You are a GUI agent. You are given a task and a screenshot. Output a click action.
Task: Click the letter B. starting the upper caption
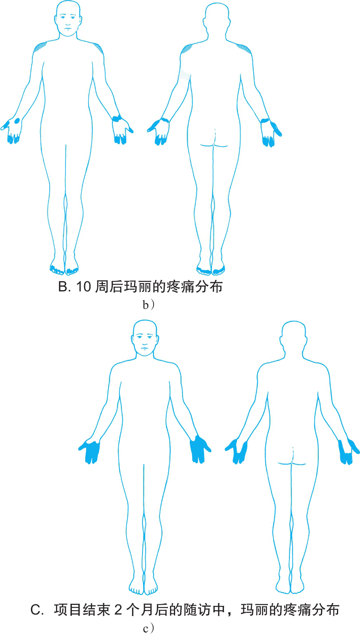pos(64,287)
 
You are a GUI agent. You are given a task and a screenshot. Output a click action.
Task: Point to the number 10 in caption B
pos(83,287)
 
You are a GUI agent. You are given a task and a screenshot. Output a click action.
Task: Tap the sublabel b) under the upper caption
pos(148,305)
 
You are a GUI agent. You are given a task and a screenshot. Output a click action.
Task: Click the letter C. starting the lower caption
pos(37,610)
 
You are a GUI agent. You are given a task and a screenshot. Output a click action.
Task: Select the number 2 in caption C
pos(118,610)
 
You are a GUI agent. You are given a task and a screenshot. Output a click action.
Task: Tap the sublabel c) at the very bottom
pos(148,628)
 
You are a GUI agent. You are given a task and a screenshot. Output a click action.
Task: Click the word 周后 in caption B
pos(109,287)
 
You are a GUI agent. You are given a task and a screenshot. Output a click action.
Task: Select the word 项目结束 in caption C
pos(82,610)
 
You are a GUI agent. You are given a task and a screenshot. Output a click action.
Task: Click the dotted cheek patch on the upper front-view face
pos(77,28)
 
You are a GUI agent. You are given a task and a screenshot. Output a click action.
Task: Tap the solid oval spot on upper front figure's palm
pos(17,121)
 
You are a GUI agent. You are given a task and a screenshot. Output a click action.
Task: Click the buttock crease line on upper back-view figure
pos(214,145)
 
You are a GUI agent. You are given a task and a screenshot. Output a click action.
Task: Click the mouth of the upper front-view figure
pos(67,28)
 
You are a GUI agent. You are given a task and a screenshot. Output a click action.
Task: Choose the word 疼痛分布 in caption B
pos(195,287)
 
